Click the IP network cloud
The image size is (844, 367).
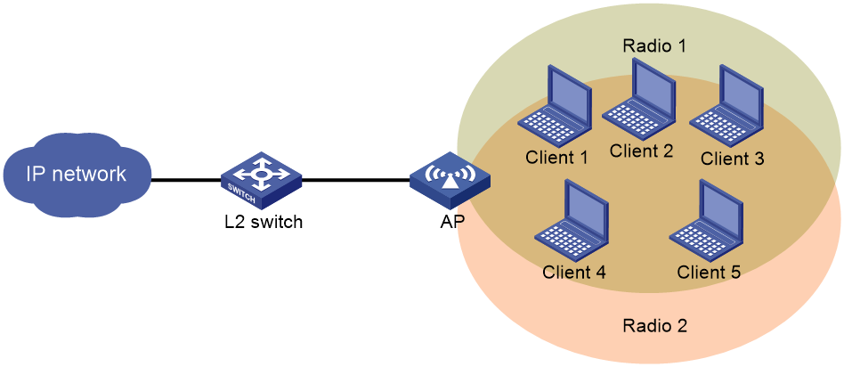point(76,174)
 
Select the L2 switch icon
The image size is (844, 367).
point(261,180)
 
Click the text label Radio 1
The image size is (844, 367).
point(654,45)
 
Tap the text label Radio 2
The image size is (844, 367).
point(654,326)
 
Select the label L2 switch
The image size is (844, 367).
point(263,222)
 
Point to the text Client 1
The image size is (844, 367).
point(556,158)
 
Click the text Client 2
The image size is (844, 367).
point(641,151)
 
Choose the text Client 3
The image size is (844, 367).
point(732,158)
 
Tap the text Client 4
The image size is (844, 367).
point(574,273)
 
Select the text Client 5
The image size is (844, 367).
point(709,273)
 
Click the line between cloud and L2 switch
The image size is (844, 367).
point(186,181)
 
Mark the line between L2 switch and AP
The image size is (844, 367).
point(356,181)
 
